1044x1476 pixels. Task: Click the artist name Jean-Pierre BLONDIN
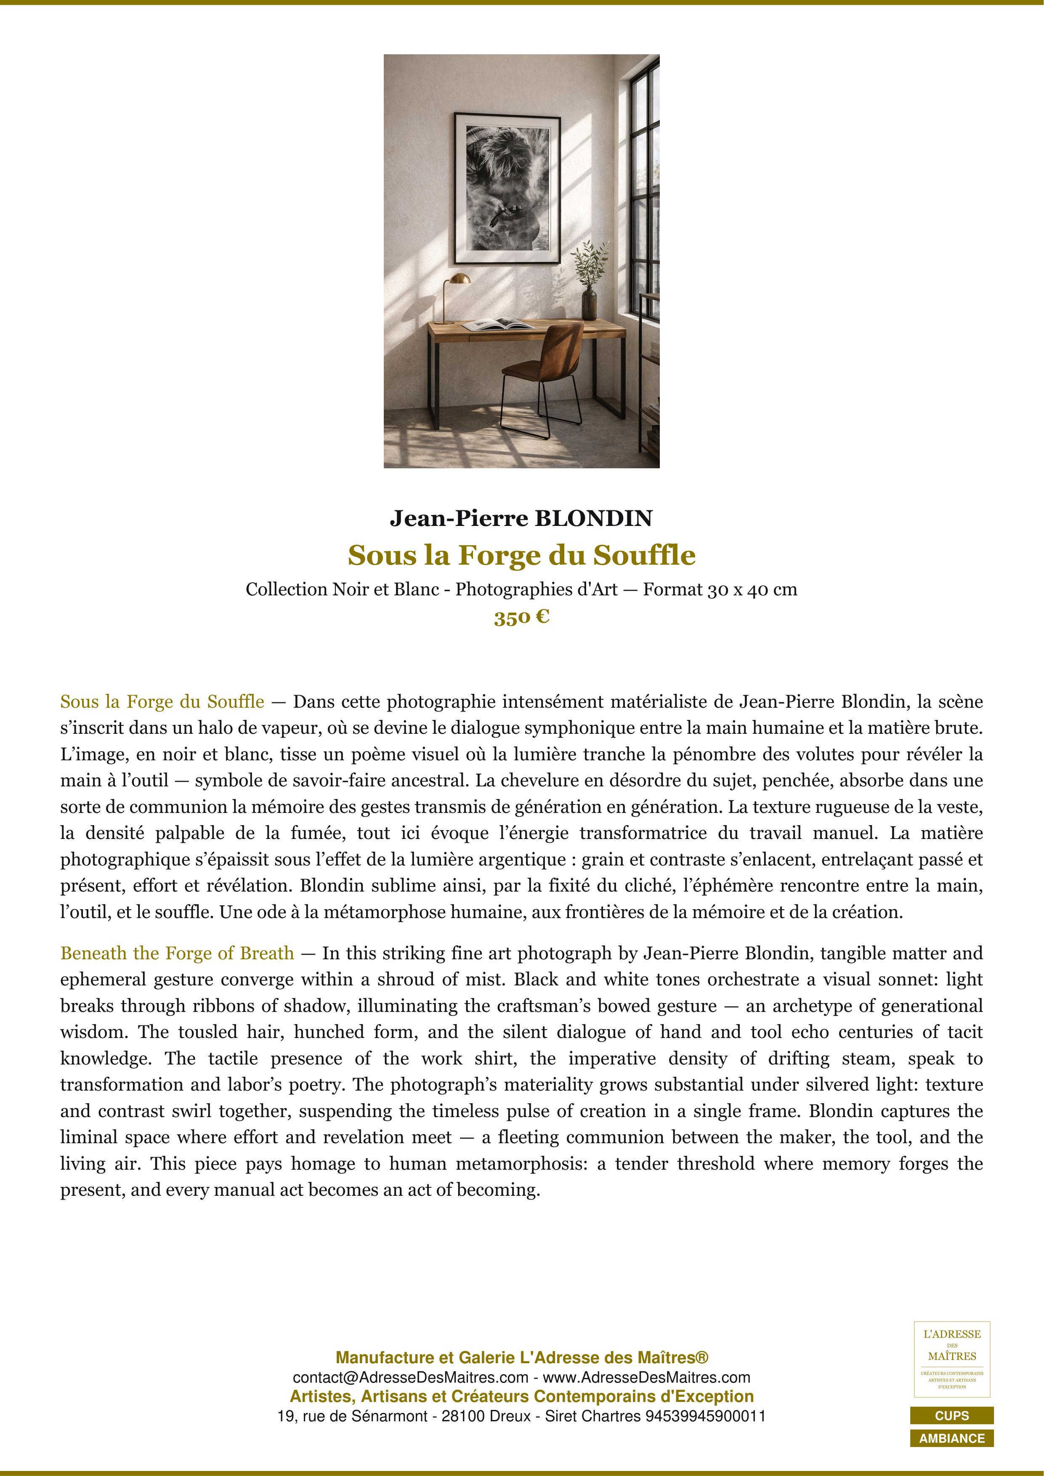pos(521,518)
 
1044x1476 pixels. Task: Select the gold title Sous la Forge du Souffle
pos(521,555)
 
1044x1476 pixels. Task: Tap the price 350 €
pos(521,617)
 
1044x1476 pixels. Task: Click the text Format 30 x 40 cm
pos(720,589)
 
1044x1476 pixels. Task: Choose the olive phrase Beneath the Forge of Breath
pos(177,953)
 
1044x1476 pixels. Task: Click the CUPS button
pos(951,1415)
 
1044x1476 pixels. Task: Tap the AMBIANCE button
pos(951,1438)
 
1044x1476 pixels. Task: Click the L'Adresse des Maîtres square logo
pos(951,1359)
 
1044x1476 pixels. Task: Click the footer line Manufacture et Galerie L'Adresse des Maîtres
pos(521,1358)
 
